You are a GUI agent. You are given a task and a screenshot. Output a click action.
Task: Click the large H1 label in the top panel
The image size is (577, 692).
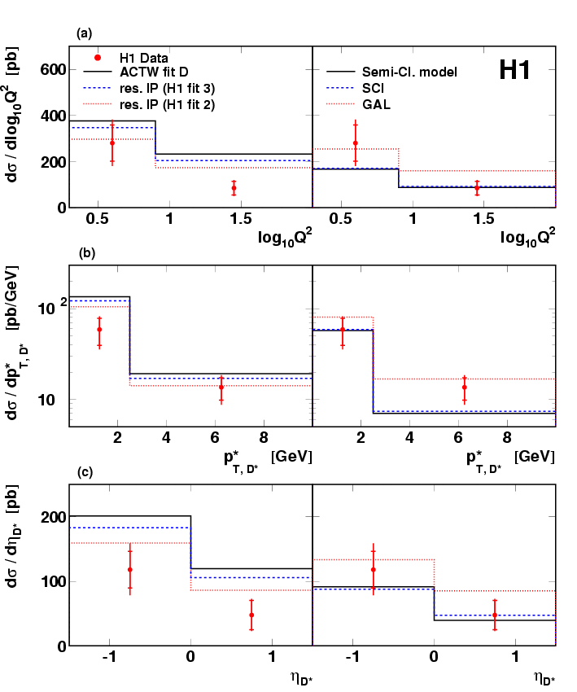point(514,71)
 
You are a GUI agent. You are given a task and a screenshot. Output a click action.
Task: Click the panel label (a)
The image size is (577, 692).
point(84,33)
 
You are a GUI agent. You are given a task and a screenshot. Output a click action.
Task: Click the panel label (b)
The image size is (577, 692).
point(86,253)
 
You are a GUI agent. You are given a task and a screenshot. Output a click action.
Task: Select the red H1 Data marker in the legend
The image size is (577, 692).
point(98,58)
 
